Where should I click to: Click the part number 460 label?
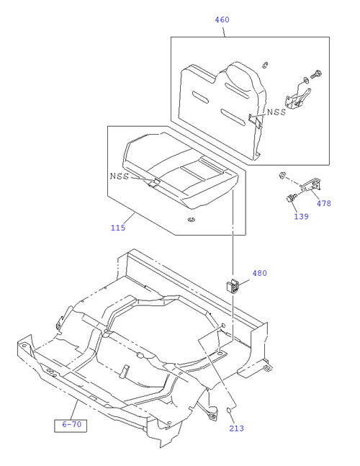[222, 19]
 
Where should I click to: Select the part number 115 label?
[118, 228]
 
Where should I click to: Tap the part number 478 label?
[323, 203]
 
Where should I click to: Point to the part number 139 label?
[301, 216]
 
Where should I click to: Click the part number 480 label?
[260, 273]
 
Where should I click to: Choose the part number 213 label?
[236, 429]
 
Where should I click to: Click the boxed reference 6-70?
[71, 425]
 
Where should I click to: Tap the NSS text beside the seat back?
[276, 112]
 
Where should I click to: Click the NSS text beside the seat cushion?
[120, 176]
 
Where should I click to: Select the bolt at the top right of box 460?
[317, 73]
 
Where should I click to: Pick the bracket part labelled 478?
[311, 184]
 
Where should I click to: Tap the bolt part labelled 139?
[291, 197]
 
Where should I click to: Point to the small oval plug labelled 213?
[229, 411]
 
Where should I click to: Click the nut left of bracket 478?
[282, 175]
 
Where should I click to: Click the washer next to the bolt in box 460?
[305, 80]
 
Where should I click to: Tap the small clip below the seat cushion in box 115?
[192, 220]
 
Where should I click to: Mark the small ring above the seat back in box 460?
[265, 65]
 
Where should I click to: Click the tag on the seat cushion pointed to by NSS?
[154, 182]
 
